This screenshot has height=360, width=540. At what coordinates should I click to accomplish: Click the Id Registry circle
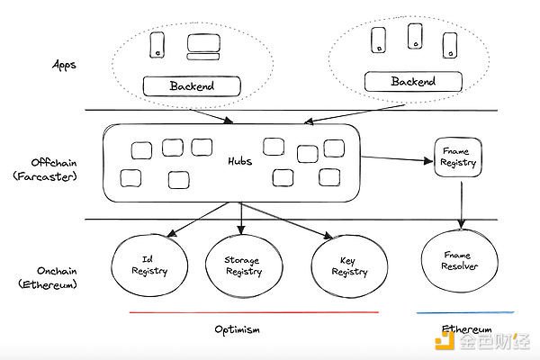(x=149, y=264)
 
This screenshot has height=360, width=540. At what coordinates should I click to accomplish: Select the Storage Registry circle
(x=242, y=265)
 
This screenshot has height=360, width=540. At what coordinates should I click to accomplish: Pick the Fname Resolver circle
(x=461, y=261)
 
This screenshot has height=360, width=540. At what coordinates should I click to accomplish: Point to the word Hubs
(x=238, y=161)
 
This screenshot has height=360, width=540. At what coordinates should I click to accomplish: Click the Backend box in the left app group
(x=193, y=87)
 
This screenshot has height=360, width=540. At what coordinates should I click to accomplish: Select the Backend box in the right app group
(x=412, y=82)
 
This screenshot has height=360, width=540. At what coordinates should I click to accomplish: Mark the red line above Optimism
(x=254, y=312)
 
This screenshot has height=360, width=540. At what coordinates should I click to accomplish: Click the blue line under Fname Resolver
(x=465, y=312)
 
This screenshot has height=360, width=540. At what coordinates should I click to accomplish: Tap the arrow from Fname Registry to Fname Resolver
(x=461, y=203)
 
